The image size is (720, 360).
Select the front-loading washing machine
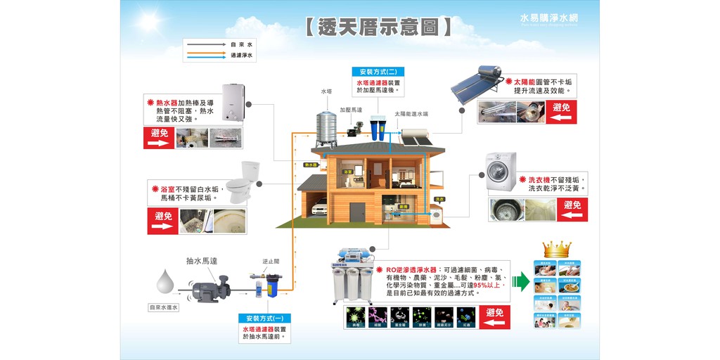coord(501,173)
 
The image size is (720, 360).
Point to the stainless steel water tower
coord(326,129)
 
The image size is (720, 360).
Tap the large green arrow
coord(521,281)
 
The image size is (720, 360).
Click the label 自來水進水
coord(164,307)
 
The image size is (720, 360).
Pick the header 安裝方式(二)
coord(378,72)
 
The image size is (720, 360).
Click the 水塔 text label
coord(326,91)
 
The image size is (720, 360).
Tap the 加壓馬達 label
coord(351,110)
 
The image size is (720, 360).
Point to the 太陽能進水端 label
coord(411,113)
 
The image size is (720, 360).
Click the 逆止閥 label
coord(271,261)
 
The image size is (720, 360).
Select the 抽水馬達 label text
coord(202,260)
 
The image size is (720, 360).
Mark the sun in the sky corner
coord(149,18)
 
